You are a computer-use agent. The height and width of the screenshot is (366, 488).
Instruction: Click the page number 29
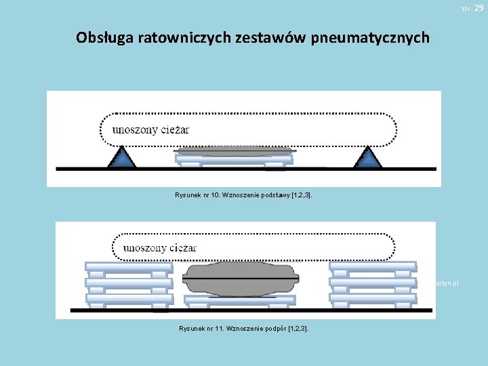tap(479, 7)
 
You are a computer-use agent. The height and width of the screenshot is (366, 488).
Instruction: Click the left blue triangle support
tap(121, 157)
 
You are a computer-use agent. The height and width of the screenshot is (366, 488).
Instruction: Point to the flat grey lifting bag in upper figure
tap(234, 150)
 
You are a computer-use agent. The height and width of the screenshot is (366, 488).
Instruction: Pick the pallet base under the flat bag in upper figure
tap(234, 160)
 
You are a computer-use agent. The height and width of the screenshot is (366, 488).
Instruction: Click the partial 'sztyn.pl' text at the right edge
tap(448, 282)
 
